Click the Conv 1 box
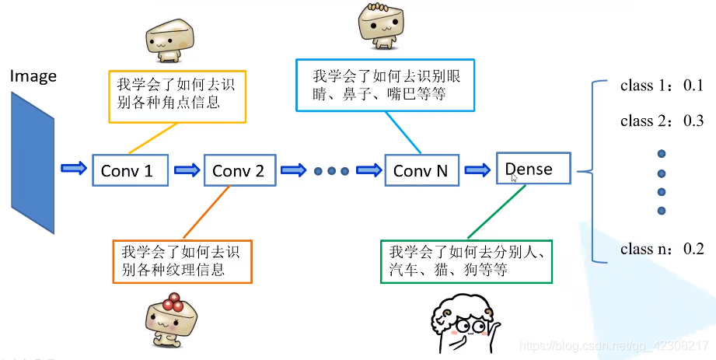click(131, 170)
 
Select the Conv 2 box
click(239, 170)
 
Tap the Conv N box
click(421, 170)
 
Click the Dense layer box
click(533, 169)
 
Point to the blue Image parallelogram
click(33, 162)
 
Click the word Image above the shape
click(33, 75)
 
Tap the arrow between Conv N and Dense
click(477, 170)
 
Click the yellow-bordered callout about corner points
click(176, 96)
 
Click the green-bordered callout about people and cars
click(466, 261)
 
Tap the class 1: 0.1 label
click(661, 86)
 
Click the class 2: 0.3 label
click(661, 121)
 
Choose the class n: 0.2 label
click(661, 249)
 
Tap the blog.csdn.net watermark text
click(614, 344)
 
